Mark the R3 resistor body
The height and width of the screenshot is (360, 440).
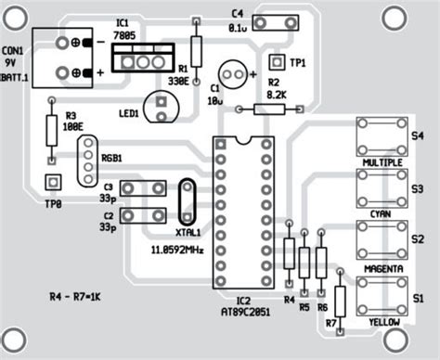pyautogui.click(x=53, y=133)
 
